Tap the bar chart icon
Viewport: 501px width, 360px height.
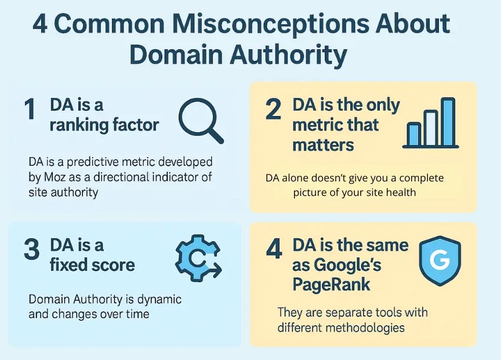click(x=430, y=123)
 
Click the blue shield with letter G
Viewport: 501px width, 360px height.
click(x=440, y=260)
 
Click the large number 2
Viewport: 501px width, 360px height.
click(x=273, y=110)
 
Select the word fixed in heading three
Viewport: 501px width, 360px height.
click(x=66, y=265)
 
